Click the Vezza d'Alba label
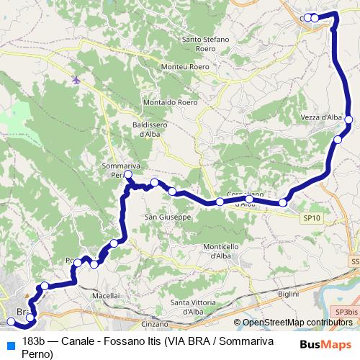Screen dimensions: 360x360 click(321, 117)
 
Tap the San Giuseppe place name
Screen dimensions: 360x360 click(167, 216)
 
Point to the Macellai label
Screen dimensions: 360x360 click(105, 296)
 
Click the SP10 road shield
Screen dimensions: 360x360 click(312, 216)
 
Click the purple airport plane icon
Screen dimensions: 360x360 click(77, 80)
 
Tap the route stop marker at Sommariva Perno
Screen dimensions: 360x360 click(128, 174)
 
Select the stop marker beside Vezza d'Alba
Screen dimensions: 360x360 click(348, 120)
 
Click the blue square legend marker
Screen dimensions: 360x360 click(9, 341)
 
